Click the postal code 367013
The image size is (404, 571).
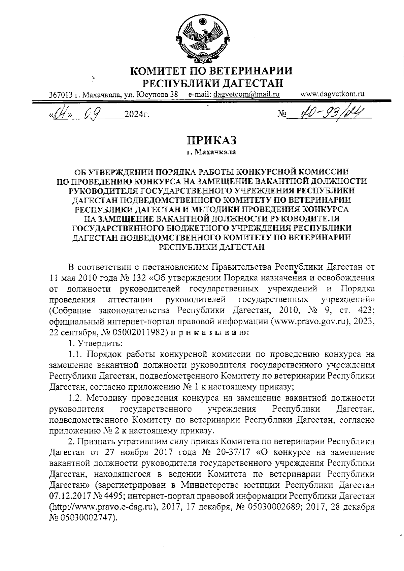[61, 95]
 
